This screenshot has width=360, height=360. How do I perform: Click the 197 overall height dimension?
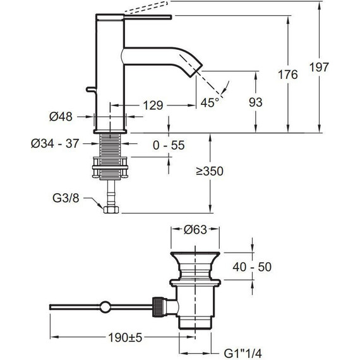click(x=319, y=68)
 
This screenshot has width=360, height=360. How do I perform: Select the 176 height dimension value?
click(x=287, y=75)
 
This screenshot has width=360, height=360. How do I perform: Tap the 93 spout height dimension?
click(x=256, y=102)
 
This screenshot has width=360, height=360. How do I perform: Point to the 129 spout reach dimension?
click(x=153, y=105)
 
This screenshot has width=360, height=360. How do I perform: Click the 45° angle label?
click(x=210, y=102)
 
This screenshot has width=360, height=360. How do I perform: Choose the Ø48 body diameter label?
click(x=61, y=116)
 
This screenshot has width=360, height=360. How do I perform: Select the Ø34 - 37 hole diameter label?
click(x=55, y=144)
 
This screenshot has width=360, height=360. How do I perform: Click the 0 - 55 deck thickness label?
click(x=169, y=145)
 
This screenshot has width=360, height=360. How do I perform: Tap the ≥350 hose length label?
click(x=210, y=171)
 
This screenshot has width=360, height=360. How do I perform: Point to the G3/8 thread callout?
click(x=66, y=198)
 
